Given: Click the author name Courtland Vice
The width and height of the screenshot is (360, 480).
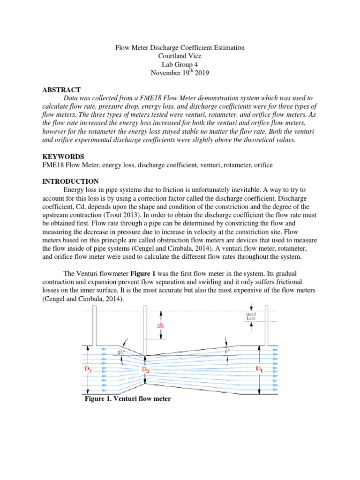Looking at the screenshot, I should click(180, 56).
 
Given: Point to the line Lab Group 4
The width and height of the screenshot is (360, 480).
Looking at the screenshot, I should click(180, 65).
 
